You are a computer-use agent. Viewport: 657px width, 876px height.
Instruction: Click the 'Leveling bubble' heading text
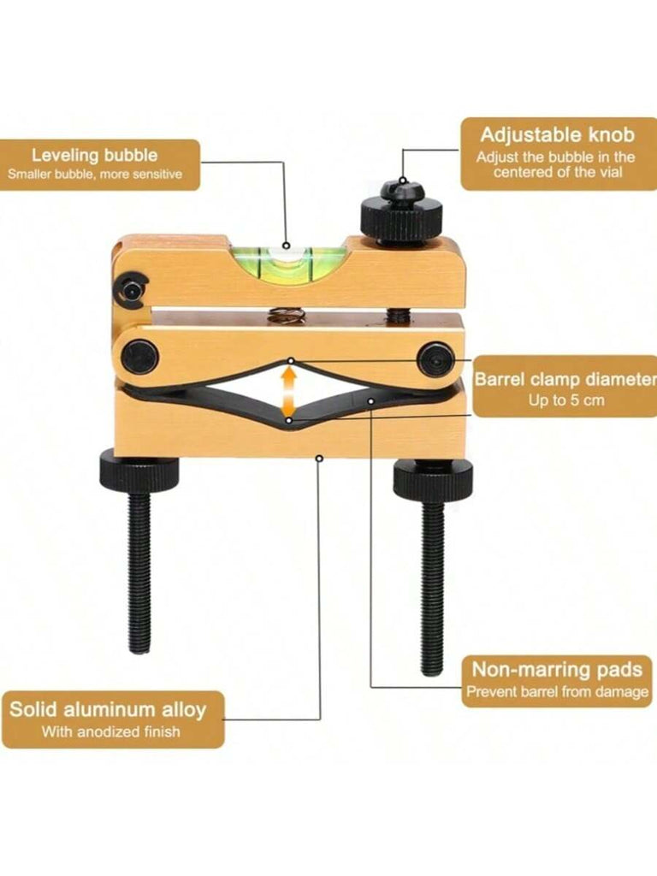(94, 156)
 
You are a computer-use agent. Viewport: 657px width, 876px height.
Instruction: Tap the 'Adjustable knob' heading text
(558, 134)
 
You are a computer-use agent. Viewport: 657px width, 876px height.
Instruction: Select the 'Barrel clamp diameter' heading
(565, 379)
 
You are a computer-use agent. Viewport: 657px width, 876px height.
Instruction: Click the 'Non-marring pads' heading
(557, 669)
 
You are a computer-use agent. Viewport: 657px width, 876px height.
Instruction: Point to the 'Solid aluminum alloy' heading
(108, 709)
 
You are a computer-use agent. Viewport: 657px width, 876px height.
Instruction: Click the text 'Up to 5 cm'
(566, 400)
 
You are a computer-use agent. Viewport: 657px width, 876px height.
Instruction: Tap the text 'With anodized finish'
(110, 731)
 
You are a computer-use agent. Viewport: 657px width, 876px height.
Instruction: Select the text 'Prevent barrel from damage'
(558, 691)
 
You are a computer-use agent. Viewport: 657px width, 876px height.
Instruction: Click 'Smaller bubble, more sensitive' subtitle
(95, 174)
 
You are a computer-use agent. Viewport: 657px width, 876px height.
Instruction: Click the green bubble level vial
(286, 263)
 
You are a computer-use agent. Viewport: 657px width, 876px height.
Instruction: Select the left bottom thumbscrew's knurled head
(139, 470)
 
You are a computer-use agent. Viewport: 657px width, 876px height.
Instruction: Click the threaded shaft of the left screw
(139, 571)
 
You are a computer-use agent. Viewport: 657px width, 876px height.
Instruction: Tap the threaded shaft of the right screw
(432, 587)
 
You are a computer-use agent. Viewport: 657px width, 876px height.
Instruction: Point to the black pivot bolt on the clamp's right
(437, 359)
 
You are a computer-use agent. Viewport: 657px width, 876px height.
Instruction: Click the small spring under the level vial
(286, 315)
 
